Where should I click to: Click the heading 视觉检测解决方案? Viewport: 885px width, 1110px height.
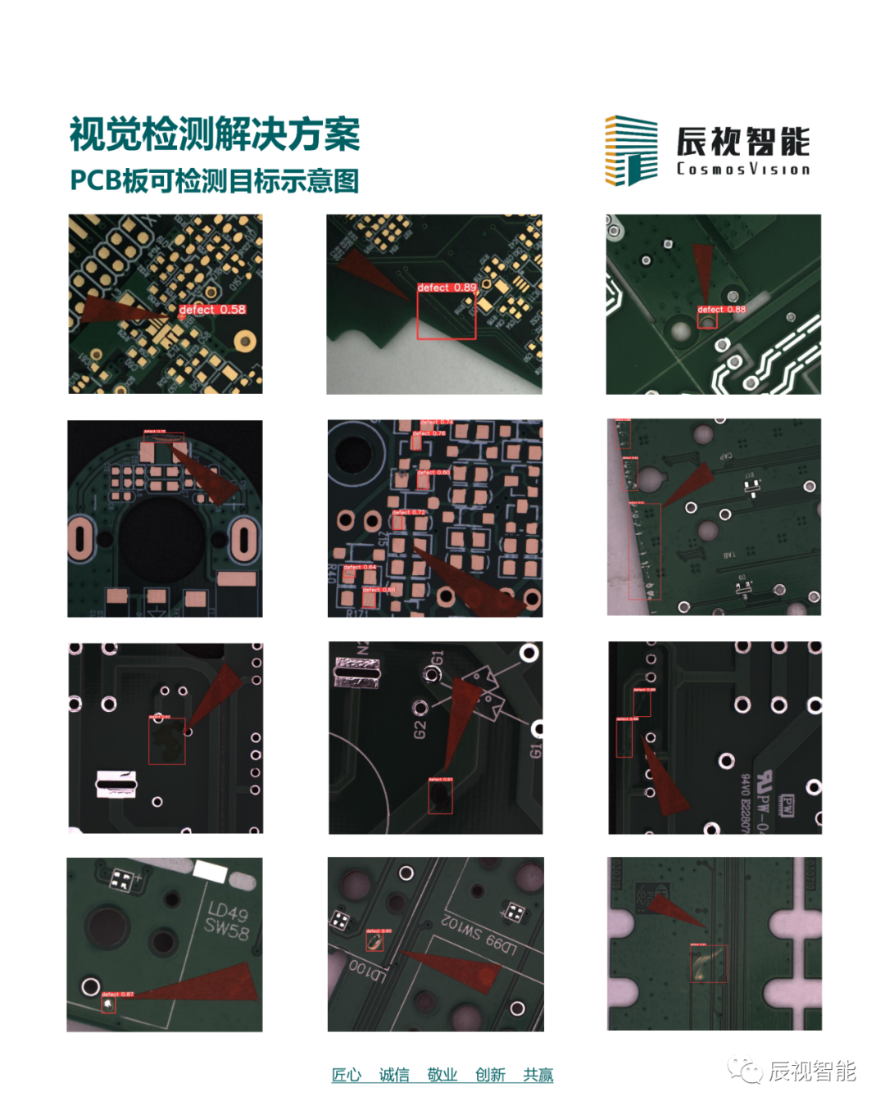215,135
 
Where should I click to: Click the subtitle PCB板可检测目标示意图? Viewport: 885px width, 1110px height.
215,180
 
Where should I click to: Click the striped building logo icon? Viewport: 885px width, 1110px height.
631,150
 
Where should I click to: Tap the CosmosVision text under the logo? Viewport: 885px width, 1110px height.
743,170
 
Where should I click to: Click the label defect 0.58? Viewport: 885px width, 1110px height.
212,310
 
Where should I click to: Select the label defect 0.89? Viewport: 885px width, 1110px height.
447,288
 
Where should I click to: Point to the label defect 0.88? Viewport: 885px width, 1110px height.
722,310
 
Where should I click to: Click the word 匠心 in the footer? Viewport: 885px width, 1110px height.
346,1075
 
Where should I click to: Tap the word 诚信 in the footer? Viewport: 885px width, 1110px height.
394,1075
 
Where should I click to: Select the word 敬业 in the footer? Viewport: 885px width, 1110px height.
442,1075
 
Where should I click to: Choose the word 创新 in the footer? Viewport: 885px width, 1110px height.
490,1075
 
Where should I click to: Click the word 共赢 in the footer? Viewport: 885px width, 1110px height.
538,1075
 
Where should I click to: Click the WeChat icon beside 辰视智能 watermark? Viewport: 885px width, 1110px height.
746,1071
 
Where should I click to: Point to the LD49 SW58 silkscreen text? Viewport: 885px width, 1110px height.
227,921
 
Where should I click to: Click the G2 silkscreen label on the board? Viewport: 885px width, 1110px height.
420,728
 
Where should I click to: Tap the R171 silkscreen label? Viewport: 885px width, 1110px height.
357,613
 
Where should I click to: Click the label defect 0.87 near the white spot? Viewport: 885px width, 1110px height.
117,994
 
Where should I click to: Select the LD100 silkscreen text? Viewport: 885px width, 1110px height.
366,970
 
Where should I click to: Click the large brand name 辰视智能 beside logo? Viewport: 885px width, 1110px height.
743,142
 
